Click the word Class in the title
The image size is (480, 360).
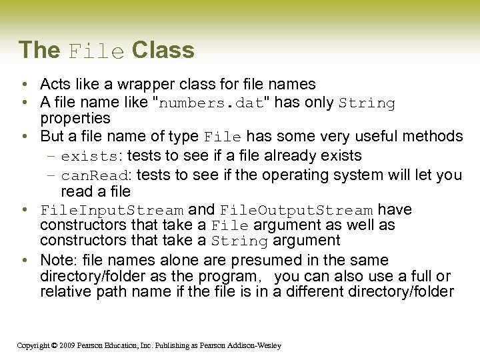point(163,50)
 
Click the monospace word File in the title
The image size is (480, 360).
point(96,51)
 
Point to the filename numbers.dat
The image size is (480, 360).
point(211,103)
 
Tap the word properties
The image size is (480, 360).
point(75,119)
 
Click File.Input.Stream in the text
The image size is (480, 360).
point(111,211)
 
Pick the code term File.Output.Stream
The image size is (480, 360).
point(296,211)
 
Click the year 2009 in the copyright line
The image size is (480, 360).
point(65,345)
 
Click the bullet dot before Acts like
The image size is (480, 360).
point(23,85)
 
